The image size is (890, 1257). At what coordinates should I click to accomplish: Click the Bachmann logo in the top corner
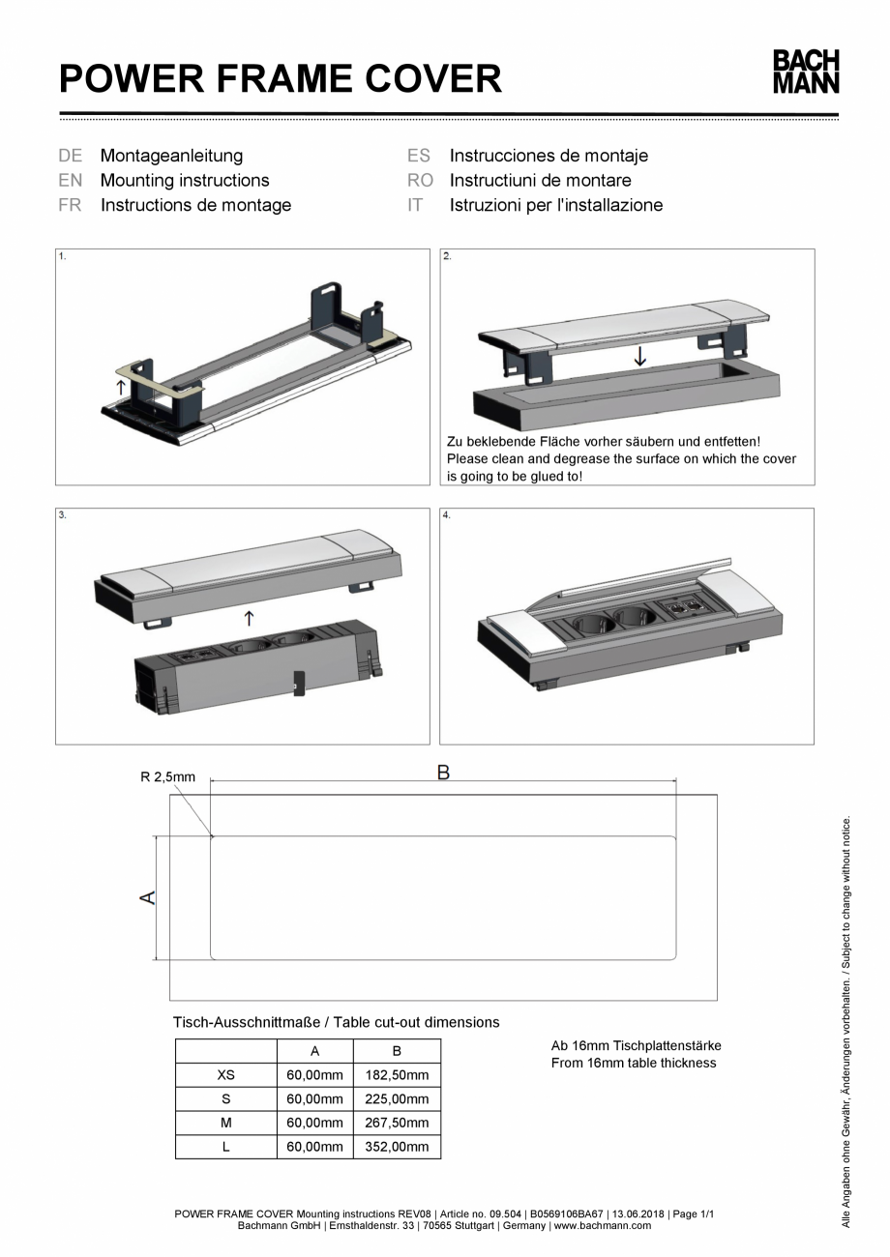[805, 73]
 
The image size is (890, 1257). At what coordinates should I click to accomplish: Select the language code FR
[70, 205]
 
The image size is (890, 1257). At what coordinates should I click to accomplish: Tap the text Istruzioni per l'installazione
[555, 205]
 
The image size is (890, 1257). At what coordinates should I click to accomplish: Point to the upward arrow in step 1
[119, 387]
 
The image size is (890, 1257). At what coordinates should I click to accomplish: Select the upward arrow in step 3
[250, 615]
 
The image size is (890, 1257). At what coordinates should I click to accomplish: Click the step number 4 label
[447, 515]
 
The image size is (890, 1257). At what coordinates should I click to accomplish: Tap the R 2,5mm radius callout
[168, 776]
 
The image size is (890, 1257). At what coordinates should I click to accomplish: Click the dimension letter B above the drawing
[443, 773]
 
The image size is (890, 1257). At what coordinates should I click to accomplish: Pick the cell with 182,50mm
[397, 1075]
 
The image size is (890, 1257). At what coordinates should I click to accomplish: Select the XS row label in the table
[225, 1075]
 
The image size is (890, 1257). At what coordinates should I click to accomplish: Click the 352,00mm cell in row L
[397, 1147]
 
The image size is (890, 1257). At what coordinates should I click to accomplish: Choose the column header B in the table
[397, 1051]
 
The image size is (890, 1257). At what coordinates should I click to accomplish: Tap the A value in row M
[315, 1123]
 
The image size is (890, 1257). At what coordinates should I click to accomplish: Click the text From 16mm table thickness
[634, 1063]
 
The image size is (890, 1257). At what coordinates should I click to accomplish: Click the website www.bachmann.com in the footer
[601, 1226]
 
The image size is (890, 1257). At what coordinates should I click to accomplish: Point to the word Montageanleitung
[171, 155]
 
